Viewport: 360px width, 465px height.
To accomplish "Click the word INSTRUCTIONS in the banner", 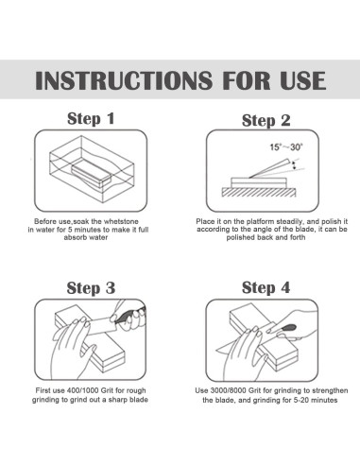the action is [x=124, y=80].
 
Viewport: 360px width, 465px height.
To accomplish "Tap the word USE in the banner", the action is [x=302, y=80].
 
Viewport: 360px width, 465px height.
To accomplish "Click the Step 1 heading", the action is [x=91, y=119].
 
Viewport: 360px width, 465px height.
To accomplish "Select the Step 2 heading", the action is [x=266, y=121].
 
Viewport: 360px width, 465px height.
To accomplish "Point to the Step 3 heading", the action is [x=91, y=288].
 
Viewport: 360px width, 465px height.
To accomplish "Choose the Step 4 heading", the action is [x=266, y=287].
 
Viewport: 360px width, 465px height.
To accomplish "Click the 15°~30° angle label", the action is [x=286, y=147].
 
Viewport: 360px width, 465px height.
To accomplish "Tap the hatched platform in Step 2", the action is [x=259, y=193].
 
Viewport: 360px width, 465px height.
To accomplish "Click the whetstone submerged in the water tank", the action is [x=92, y=175].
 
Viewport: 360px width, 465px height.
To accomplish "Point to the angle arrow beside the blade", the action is [x=294, y=165].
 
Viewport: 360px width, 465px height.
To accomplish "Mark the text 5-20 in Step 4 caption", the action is [x=299, y=400].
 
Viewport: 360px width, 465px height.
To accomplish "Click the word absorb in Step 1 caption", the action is [x=74, y=237].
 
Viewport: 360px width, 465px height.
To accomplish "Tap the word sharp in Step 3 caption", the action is [x=117, y=400].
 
